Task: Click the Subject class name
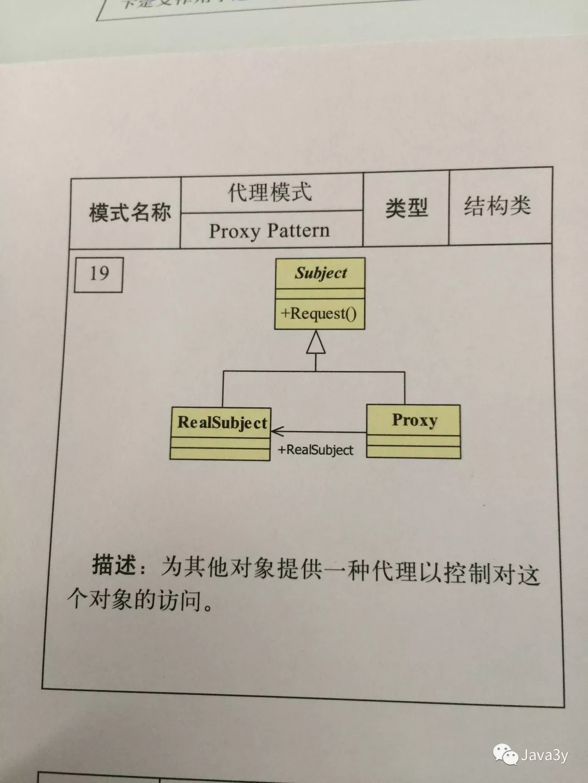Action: [x=321, y=273]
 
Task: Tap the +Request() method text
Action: [x=319, y=314]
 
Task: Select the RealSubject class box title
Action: [x=222, y=422]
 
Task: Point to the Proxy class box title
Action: [x=414, y=420]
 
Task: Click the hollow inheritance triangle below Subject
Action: [x=316, y=343]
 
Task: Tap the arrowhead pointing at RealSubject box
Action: [x=276, y=432]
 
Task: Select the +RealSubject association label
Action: [x=316, y=450]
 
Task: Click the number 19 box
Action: [x=99, y=274]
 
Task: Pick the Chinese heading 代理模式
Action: [x=270, y=192]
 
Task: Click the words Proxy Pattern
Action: [x=269, y=231]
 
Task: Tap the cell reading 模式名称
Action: [x=130, y=212]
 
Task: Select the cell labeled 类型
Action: [x=406, y=208]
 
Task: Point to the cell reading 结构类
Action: [x=497, y=206]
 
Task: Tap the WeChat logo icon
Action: [x=505, y=755]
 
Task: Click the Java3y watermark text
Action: [x=544, y=755]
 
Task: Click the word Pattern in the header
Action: [x=298, y=231]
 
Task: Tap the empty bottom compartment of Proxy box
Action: [x=413, y=452]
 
